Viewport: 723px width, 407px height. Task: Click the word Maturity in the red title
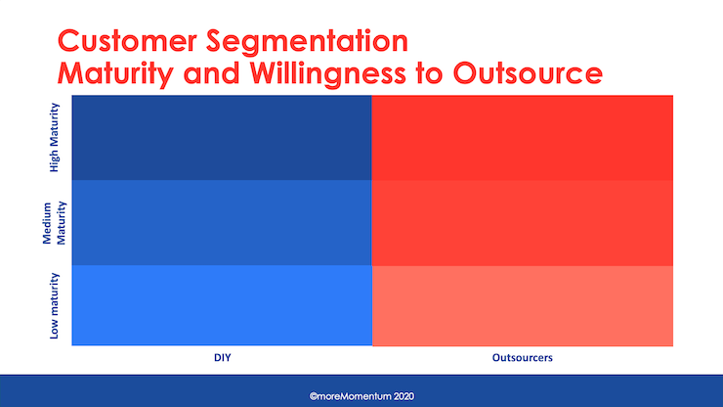pos(123,73)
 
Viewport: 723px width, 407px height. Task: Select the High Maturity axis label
pos(55,138)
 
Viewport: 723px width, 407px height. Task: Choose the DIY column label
pos(222,359)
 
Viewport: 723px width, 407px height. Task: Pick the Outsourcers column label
pos(523,359)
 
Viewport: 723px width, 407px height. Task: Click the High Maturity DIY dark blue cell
pos(222,138)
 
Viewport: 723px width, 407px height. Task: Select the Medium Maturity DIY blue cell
pos(222,223)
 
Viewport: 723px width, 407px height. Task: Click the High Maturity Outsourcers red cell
pos(523,138)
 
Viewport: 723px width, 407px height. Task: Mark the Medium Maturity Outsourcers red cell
pos(523,223)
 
